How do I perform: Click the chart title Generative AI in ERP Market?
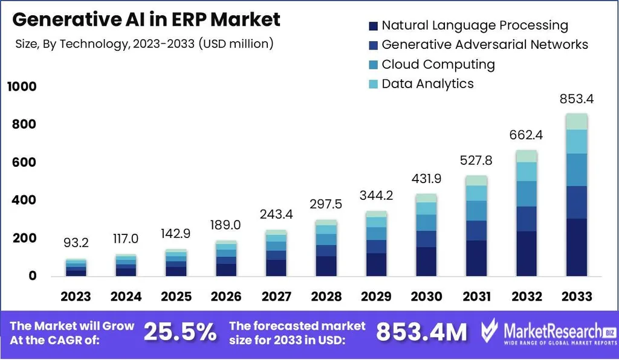[146, 19]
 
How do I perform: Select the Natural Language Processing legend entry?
[475, 25]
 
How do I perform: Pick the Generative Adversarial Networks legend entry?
[484, 45]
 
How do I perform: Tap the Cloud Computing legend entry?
[438, 64]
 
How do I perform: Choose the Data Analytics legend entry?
[427, 83]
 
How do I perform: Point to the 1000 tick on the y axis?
[22, 87]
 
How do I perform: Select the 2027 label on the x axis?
[276, 297]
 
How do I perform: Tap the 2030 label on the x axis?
[427, 297]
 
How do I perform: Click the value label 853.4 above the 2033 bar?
[576, 98]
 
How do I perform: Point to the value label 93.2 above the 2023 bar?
[76, 243]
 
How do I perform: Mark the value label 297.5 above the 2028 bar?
[326, 204]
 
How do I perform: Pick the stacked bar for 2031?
[477, 226]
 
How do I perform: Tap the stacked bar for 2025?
[176, 263]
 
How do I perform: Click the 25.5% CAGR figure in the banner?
[180, 332]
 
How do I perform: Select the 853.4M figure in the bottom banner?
[421, 332]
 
